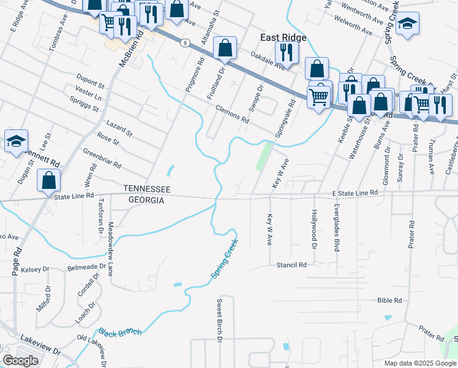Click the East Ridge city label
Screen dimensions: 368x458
click(283, 37)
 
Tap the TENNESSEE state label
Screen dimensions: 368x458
click(146, 189)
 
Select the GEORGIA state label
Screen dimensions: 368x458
click(146, 200)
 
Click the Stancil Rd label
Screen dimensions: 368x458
click(290, 265)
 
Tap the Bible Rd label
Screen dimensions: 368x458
click(389, 301)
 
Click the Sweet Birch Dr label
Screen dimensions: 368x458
click(219, 320)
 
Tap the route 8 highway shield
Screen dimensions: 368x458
click(184, 42)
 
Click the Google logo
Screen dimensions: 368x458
click(20, 361)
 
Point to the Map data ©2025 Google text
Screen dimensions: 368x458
click(419, 362)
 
